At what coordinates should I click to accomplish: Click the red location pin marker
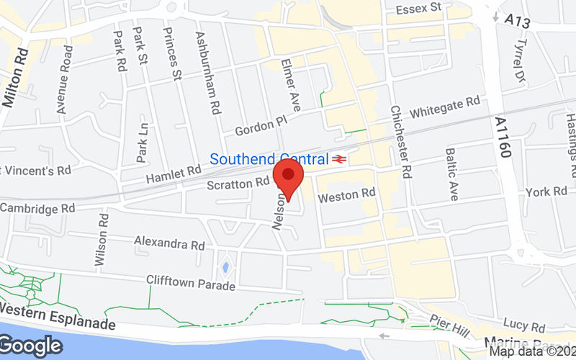tap(289, 176)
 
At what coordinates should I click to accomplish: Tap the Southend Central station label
tap(269, 158)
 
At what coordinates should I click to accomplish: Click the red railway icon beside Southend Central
tap(339, 158)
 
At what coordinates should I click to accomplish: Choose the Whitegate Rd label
tap(444, 109)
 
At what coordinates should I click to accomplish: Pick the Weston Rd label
tap(347, 194)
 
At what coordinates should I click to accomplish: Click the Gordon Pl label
tap(260, 127)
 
